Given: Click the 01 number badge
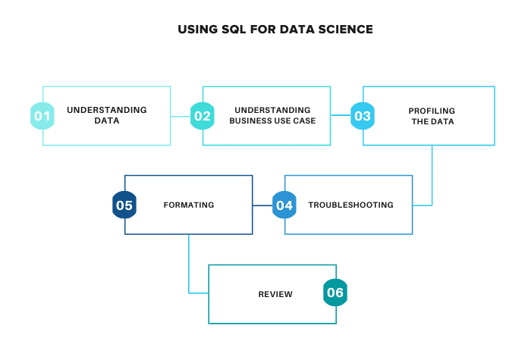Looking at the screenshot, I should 42,116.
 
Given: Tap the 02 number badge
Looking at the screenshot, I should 202,116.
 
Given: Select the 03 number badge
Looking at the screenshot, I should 363,116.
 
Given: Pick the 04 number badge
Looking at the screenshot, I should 284,205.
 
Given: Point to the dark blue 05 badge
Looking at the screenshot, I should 124,205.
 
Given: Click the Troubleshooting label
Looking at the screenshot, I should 350,205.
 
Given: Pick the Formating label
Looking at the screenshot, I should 189,205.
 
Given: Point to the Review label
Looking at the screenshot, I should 275,294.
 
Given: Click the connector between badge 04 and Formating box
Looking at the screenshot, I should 262,205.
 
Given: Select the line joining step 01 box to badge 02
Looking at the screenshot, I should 181,116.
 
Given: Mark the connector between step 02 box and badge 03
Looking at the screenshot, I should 341,116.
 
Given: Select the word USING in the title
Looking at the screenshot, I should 196,30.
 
